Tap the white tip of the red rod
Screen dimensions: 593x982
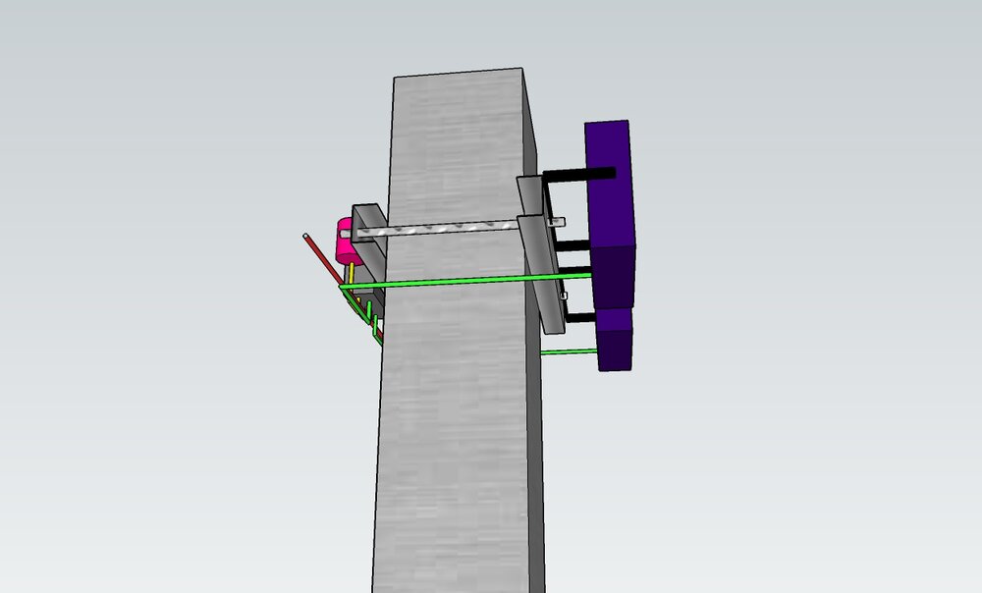point(306,237)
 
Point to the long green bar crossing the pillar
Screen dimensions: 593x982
point(462,282)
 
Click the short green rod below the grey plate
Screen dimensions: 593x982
point(570,350)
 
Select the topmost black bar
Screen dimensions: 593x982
point(579,174)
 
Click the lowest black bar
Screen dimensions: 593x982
point(579,317)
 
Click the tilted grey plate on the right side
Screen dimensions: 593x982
point(540,245)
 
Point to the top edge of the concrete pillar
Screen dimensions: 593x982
point(458,74)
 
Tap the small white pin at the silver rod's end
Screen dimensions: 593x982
point(561,223)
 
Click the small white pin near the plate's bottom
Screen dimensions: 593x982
point(565,295)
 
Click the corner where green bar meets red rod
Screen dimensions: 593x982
point(342,288)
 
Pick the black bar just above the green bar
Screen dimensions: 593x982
point(573,268)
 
